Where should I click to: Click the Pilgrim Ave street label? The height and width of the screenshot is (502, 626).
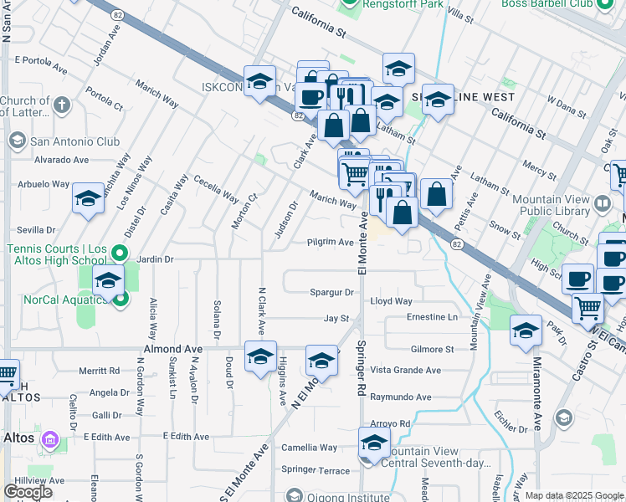(330, 242)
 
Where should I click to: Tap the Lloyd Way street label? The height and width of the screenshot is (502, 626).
(392, 301)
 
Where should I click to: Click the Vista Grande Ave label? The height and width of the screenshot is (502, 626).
(405, 370)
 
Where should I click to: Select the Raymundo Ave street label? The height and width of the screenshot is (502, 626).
(400, 397)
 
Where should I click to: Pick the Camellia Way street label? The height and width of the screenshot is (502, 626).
(309, 448)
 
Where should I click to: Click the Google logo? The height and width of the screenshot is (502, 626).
(28, 492)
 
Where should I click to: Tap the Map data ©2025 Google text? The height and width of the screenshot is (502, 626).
(574, 495)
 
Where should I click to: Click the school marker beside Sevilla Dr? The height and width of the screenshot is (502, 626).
(88, 199)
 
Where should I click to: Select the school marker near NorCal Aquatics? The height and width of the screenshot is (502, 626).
(109, 282)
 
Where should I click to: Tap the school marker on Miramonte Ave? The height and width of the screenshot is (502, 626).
(526, 331)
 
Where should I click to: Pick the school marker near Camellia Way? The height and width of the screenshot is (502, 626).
(374, 443)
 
